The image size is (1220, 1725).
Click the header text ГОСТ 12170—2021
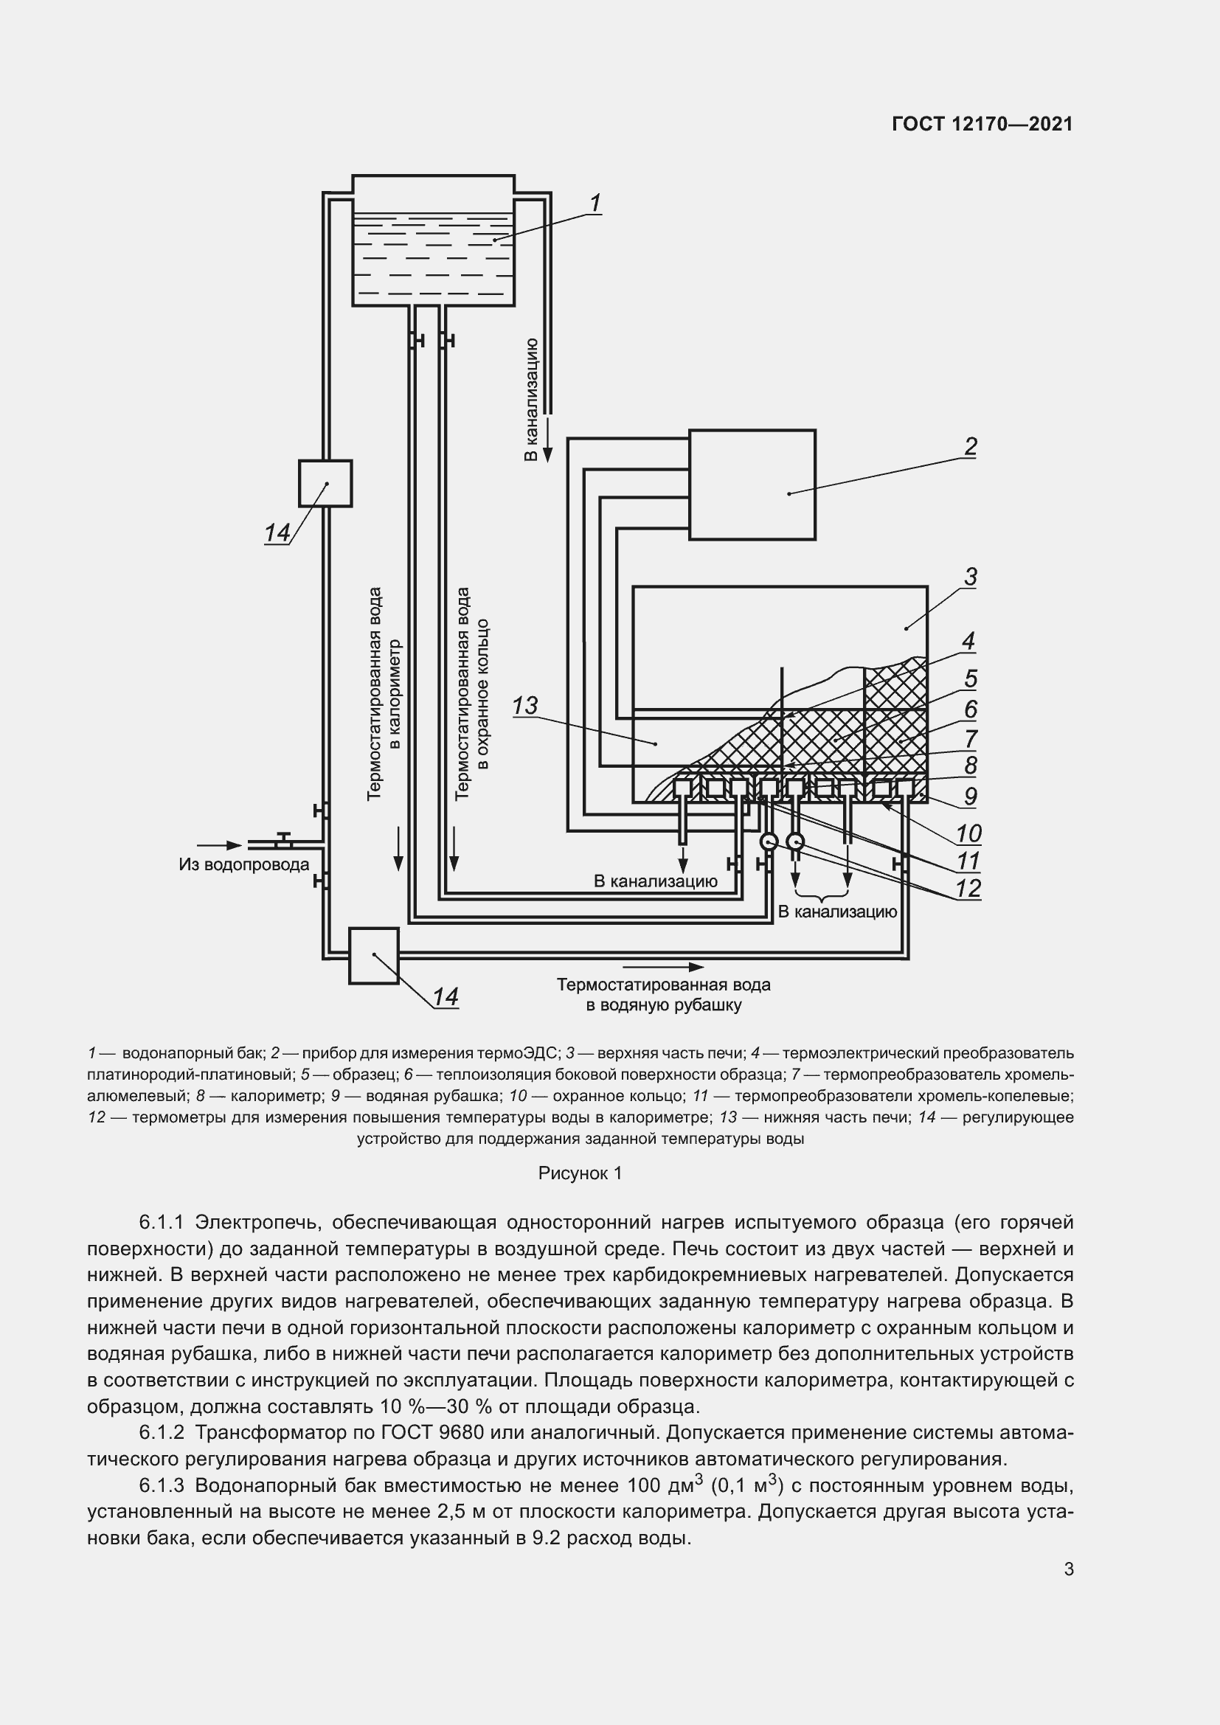pos(982,124)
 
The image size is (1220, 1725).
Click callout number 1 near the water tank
pos(595,203)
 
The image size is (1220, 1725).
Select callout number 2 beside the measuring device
pos(970,446)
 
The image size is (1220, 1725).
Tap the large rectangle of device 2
pos(752,485)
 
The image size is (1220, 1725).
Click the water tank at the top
pos(434,240)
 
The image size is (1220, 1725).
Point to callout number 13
pos(525,706)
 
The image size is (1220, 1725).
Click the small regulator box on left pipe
pos(325,483)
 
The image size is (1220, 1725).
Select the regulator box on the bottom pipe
pos(373,956)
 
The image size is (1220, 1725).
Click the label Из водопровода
pos(243,864)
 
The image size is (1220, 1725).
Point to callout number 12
pos(968,889)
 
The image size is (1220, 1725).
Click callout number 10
pos(968,833)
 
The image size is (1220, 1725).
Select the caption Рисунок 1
pos(580,1173)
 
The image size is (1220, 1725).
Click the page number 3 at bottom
pos(1068,1569)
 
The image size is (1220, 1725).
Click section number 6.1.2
pos(162,1432)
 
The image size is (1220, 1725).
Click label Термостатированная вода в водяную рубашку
pos(663,995)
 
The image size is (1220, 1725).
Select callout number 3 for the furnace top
pos(970,577)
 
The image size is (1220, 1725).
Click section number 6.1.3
pos(162,1485)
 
